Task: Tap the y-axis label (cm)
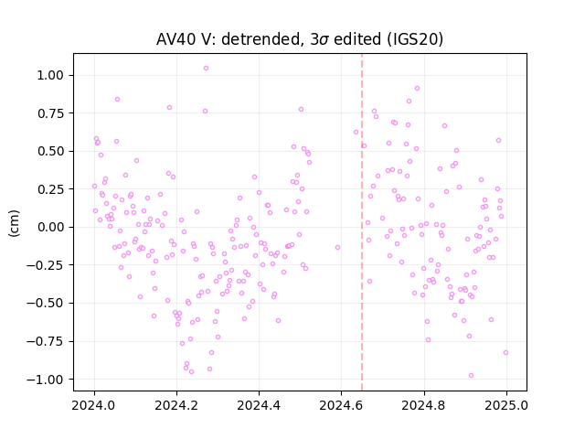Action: pos(14,223)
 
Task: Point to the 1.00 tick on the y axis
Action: pos(50,75)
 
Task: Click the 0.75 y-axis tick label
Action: pos(50,113)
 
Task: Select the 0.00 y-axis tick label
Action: pos(50,227)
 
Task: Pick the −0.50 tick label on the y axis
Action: pos(45,303)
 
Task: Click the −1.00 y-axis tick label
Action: pos(45,380)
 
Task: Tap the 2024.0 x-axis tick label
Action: pos(94,405)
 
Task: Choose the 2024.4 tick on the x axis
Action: pos(259,405)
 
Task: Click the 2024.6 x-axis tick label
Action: pos(341,405)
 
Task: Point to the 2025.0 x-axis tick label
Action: pos(506,405)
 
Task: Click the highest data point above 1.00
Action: pos(206,69)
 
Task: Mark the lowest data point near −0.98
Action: pos(472,376)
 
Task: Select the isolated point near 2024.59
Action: pos(337,248)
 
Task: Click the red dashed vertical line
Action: pos(362,222)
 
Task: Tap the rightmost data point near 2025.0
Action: pos(505,352)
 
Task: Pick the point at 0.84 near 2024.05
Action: pos(117,100)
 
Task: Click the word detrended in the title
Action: pos(261,38)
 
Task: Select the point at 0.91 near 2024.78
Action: pos(417,89)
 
